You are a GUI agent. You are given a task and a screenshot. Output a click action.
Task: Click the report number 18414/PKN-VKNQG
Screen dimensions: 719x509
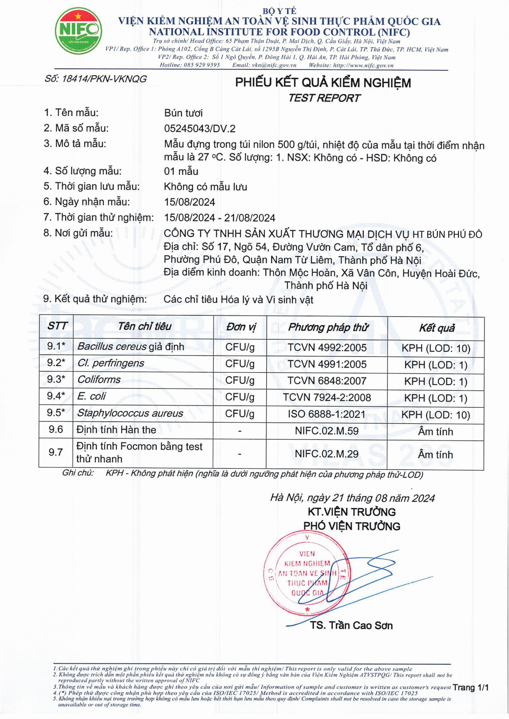[x=96, y=79]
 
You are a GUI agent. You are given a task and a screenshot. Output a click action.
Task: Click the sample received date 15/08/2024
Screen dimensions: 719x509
[x=189, y=202]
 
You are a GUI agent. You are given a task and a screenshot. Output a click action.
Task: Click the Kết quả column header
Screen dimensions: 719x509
[x=437, y=328]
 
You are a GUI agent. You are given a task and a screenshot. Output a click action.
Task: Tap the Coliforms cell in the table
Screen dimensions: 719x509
[x=99, y=380]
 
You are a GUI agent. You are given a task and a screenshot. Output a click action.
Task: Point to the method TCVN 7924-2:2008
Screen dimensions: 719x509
[x=327, y=398]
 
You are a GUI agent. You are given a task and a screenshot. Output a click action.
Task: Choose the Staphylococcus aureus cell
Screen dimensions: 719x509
[x=130, y=413]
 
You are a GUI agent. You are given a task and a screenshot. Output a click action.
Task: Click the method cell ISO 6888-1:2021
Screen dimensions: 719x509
[x=327, y=414]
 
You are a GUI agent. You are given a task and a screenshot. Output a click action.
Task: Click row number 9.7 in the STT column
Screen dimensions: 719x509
[x=56, y=452]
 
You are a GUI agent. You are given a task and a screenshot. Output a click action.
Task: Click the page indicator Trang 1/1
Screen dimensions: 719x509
[x=470, y=688]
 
